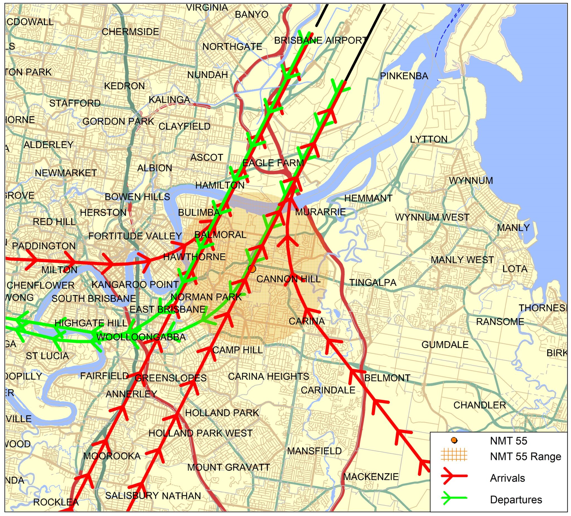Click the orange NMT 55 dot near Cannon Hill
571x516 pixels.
point(252,268)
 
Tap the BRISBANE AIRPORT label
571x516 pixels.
point(320,40)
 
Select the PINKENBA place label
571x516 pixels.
point(404,76)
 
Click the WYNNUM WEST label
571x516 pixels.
point(432,217)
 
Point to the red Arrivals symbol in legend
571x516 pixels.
point(454,478)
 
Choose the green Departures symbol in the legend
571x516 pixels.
point(454,499)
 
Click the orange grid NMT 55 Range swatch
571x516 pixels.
point(454,456)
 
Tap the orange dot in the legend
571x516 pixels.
point(454,440)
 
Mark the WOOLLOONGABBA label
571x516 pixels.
point(141,337)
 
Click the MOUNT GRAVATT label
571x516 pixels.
point(229,467)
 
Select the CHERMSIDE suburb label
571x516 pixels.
point(130,32)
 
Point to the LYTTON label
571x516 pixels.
point(429,139)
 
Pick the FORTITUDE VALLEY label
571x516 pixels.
point(135,236)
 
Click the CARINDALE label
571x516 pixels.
point(328,390)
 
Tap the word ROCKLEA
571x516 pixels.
point(56,502)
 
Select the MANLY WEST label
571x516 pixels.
point(462,260)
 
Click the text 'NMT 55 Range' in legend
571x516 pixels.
point(525,456)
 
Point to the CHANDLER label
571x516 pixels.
point(480,405)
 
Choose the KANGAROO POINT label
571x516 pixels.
point(135,284)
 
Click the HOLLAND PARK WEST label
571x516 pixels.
point(200,433)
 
